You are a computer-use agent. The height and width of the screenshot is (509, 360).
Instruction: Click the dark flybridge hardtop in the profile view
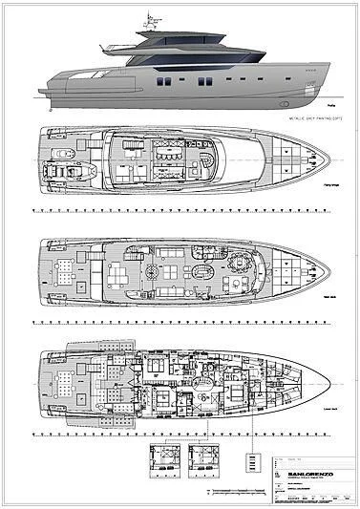[167, 35]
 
